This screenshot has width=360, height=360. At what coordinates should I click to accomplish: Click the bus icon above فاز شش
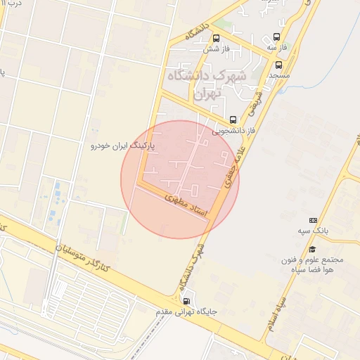point(216,39)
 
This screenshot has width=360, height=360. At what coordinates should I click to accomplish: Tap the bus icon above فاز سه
point(276,37)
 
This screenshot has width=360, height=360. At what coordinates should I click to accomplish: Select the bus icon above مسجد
point(278,65)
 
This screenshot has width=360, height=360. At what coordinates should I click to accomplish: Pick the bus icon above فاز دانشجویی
point(233,119)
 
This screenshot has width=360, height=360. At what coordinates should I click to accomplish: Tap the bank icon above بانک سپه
point(313,220)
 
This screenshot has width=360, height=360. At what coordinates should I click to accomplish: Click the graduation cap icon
point(312,249)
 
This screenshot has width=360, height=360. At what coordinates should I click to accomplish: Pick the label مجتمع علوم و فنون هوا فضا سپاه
point(312,264)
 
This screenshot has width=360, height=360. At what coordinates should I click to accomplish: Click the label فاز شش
point(217,49)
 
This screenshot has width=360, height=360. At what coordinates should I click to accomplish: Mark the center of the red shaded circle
point(180,179)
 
